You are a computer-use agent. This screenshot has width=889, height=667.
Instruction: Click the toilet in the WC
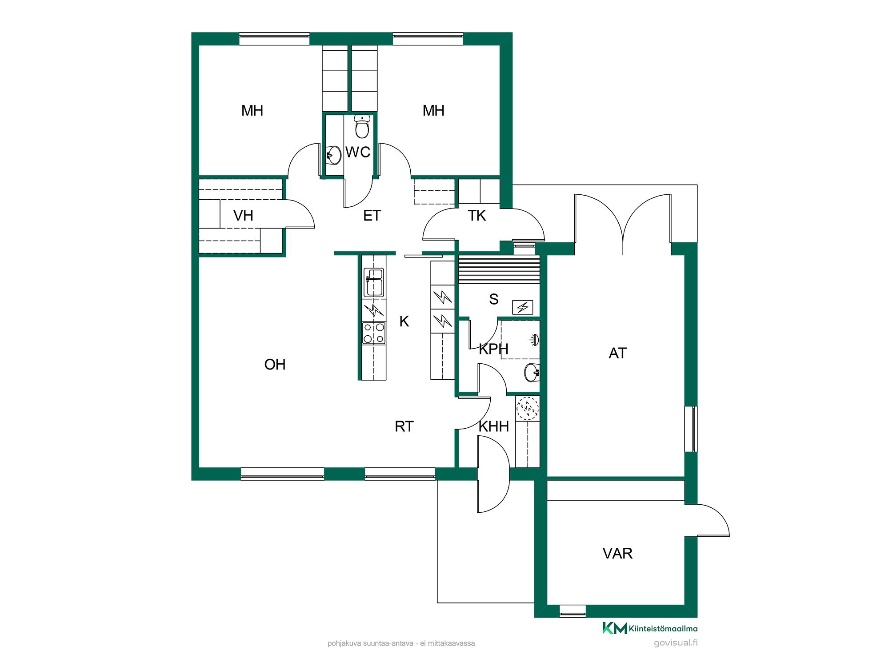coord(362,127)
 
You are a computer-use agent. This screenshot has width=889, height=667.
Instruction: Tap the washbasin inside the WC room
coord(333,155)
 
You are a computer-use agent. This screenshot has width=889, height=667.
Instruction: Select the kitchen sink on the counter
coord(374,282)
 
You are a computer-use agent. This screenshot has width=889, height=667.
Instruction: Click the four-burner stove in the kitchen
coord(374,333)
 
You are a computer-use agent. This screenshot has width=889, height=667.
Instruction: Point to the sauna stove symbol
coord(522,307)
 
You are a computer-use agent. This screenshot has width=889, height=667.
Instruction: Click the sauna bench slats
coord(499,269)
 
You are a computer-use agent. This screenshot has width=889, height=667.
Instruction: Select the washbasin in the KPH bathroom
coord(532,372)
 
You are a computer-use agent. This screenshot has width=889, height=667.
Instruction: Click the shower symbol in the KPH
coord(535,340)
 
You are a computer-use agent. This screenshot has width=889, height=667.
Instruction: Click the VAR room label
coord(617,553)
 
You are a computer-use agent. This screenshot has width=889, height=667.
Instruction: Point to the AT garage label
coord(617,353)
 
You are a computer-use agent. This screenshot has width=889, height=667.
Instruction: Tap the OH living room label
coord(275,365)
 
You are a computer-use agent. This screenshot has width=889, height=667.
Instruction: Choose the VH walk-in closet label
coord(243,216)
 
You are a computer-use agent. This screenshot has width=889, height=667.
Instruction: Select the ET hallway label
coord(372,216)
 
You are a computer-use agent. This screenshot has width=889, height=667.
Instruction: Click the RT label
coord(404,426)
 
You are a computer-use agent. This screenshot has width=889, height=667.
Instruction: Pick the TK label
coord(477,216)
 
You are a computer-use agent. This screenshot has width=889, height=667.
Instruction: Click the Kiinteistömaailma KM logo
coord(650,628)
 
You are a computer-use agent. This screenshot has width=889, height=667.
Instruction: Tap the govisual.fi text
coord(676,643)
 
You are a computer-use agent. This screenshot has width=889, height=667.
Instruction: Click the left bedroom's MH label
coord(252,111)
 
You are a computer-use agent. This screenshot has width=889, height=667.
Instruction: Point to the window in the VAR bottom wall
coord(573,611)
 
